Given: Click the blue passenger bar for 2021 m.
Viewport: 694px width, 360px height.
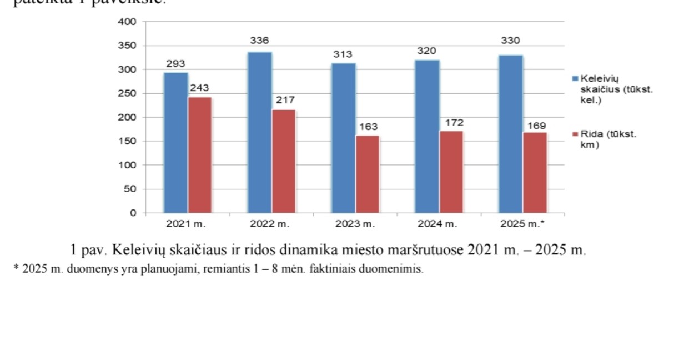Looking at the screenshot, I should [x=175, y=143].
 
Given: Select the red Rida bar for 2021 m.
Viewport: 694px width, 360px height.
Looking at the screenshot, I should [x=200, y=155].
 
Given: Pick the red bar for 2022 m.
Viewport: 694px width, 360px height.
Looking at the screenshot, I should [x=284, y=161].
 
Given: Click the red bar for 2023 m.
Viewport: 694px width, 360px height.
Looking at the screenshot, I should [x=368, y=174].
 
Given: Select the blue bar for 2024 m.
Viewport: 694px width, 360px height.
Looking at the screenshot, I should [x=427, y=136].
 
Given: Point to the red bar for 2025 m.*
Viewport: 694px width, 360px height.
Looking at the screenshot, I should [x=535, y=173].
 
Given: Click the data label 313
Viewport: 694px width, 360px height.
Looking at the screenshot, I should [x=343, y=54].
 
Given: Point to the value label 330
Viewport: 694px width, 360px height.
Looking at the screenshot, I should [x=510, y=41].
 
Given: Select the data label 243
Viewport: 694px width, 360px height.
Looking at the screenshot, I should [x=200, y=88].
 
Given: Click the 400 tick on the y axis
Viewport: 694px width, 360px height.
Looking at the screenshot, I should [x=128, y=22].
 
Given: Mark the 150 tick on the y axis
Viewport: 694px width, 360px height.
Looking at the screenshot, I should [x=128, y=142].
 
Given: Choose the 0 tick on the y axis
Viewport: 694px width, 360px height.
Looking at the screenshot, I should [x=133, y=213].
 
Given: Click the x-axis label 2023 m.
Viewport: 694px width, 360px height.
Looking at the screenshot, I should [x=355, y=224].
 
